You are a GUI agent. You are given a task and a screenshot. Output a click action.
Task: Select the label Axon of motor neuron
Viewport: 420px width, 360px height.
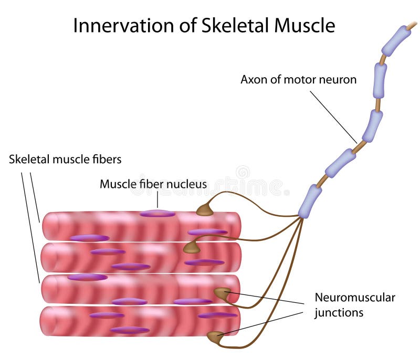(x=298, y=80)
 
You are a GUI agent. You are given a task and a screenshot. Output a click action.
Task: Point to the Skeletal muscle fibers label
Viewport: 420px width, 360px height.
(x=65, y=159)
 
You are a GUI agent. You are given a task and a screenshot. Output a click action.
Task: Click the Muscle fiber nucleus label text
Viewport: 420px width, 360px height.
(x=153, y=184)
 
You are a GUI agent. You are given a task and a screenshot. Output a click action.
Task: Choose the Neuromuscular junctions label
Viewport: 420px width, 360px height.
(x=354, y=305)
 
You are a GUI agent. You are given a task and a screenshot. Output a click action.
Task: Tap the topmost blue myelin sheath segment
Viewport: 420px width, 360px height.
(x=396, y=40)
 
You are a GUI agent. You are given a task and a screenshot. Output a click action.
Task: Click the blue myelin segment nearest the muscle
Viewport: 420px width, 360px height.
(x=310, y=201)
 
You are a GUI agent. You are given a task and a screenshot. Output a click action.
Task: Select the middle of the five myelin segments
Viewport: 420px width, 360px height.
(x=372, y=126)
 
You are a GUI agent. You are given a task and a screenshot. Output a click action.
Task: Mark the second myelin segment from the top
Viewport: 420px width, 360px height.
(x=380, y=80)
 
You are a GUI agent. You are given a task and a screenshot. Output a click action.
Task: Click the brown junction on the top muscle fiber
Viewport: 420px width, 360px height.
(x=205, y=210)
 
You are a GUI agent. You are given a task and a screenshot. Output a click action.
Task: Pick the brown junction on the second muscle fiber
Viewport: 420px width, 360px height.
(x=191, y=248)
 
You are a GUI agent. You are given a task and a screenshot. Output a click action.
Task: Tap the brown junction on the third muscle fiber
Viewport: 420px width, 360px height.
(x=222, y=294)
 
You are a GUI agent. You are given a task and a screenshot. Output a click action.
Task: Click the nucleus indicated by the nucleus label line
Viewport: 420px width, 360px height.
(x=157, y=214)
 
